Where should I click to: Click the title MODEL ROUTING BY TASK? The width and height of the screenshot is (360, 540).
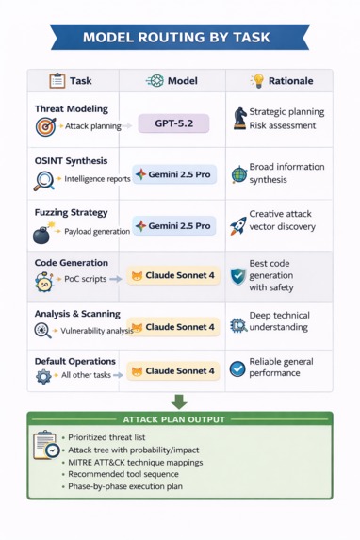tap(180, 38)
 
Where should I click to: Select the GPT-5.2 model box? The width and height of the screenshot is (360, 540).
tap(173, 123)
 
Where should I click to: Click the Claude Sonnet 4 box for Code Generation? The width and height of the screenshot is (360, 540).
tap(173, 276)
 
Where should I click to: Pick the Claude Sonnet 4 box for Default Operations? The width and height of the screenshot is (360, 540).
tap(173, 371)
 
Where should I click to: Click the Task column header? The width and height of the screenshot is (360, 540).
tap(72, 81)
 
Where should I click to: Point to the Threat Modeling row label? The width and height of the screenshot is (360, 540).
tap(71, 109)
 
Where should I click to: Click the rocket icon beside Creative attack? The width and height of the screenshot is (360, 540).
tap(238, 226)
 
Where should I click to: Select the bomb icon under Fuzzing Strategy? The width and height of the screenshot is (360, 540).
tap(43, 235)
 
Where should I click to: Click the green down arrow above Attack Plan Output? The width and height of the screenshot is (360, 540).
tap(179, 401)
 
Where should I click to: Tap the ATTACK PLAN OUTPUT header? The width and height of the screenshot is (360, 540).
tap(179, 418)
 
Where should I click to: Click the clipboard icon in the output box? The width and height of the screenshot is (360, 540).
tap(45, 445)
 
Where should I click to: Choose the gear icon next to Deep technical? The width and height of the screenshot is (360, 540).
tap(238, 325)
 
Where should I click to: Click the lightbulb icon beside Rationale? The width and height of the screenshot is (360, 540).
tap(257, 81)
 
